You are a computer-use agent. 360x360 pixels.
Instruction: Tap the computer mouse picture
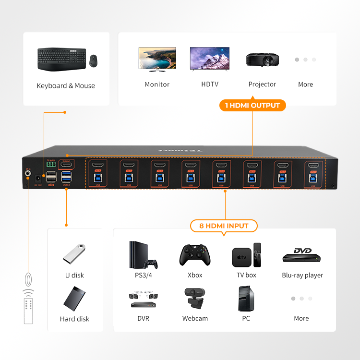click(x=94, y=60)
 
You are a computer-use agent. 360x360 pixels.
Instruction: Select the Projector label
click(x=262, y=84)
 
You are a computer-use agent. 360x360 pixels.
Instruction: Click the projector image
click(x=262, y=60)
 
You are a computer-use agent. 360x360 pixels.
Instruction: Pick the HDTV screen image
click(x=210, y=59)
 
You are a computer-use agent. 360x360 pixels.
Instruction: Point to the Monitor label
click(x=157, y=84)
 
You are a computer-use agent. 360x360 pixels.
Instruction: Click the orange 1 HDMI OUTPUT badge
click(x=252, y=105)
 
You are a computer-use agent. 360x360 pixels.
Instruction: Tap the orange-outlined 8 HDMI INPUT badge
click(x=224, y=226)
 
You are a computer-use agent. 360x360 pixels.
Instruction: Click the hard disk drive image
click(x=74, y=298)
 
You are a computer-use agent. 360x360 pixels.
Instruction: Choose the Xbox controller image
click(x=195, y=255)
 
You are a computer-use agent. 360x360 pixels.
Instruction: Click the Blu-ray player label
click(x=302, y=276)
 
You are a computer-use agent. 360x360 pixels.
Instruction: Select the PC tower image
click(x=246, y=299)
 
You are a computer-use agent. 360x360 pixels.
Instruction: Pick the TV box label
click(x=246, y=276)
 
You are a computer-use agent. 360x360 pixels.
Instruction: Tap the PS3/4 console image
click(x=143, y=254)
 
